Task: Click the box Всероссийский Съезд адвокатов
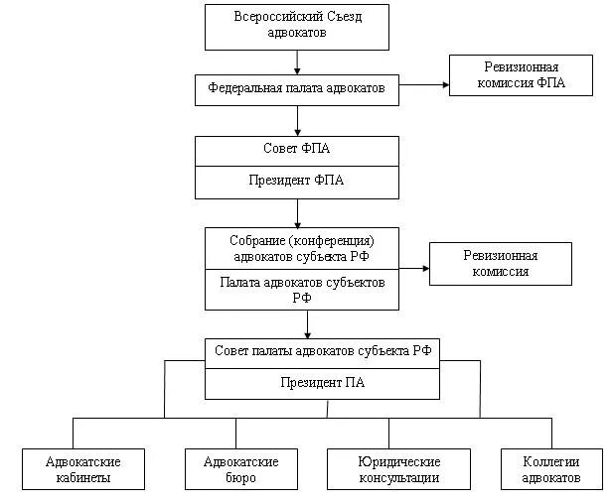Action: (296, 26)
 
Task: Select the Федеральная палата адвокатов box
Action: (296, 88)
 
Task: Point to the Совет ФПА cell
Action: (296, 151)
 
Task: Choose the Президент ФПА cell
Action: (296, 182)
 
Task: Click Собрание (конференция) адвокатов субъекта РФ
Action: (302, 247)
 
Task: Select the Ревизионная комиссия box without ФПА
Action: (501, 264)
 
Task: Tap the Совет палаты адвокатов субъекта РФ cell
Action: (323, 353)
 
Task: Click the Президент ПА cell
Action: (323, 383)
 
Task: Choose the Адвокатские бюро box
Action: (240, 469)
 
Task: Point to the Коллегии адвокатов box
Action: (551, 469)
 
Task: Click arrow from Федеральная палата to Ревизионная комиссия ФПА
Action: (425, 84)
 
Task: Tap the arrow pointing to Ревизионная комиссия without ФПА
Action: (414, 267)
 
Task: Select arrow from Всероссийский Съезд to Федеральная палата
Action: (296, 62)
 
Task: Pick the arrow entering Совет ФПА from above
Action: (296, 120)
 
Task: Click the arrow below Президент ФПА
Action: (296, 212)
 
